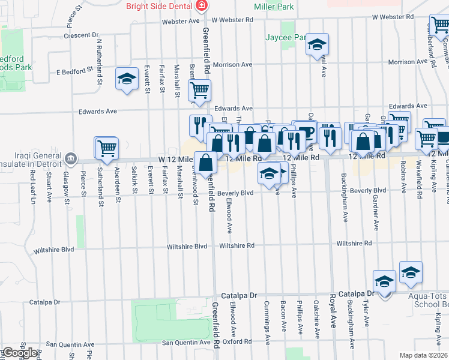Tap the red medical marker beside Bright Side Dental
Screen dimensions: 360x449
[x=202, y=7]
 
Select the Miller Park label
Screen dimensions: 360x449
[x=274, y=7]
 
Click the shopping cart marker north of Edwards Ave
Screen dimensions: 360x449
[x=199, y=91]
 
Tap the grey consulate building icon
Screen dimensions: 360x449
[x=71, y=158]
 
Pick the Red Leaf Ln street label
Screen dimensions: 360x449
[x=32, y=185]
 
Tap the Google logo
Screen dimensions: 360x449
[x=19, y=353]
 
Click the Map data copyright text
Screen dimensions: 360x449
[x=424, y=355]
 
